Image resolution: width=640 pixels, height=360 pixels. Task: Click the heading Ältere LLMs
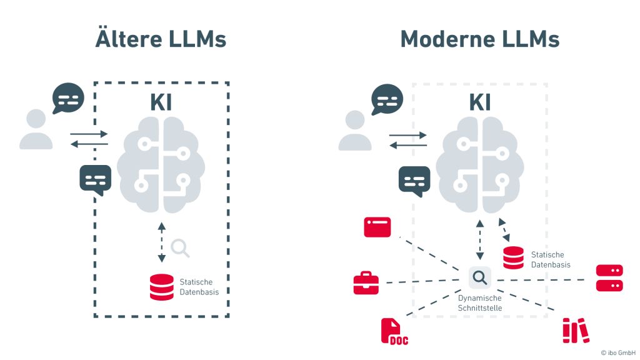[x=161, y=39]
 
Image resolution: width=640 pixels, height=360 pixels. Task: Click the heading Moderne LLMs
[x=479, y=39]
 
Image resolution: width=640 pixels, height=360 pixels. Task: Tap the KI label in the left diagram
[x=161, y=103]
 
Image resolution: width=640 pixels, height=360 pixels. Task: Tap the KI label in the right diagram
[x=480, y=103]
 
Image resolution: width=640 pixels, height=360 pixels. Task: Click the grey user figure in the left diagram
[x=36, y=130]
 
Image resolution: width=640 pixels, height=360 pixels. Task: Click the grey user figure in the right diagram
[x=355, y=130]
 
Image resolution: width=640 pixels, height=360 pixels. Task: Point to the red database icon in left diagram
[x=162, y=287]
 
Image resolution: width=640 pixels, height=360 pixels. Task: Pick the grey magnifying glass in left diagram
[x=180, y=248]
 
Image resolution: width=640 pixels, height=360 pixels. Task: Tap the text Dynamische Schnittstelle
[x=480, y=303]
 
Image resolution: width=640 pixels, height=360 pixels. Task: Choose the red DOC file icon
[x=393, y=331]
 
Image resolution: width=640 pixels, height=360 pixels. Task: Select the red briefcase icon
[x=366, y=283]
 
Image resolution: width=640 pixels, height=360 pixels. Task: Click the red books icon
[x=575, y=331]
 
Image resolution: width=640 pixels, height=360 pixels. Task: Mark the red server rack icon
[x=609, y=278]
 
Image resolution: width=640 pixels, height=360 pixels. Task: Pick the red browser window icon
[x=377, y=227]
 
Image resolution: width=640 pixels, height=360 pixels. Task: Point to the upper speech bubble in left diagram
[x=68, y=98]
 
